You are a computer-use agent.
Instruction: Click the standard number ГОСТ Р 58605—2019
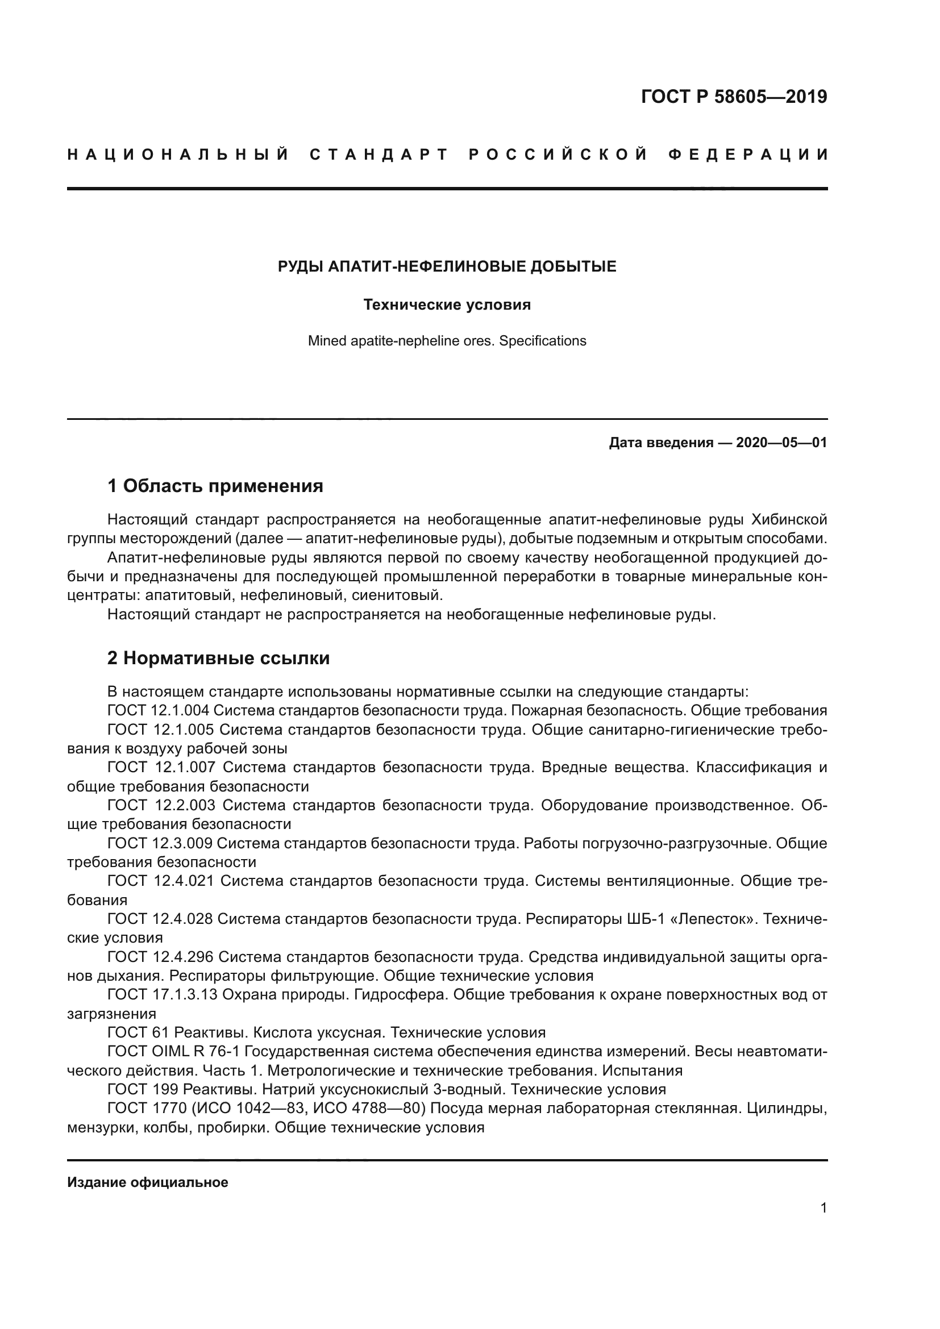[x=733, y=97]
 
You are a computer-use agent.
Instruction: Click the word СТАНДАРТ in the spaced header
[x=379, y=155]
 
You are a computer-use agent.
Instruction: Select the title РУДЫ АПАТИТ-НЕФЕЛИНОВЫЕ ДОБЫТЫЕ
[x=447, y=267]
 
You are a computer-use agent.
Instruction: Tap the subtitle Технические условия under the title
[x=447, y=305]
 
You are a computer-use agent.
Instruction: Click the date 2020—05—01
[x=781, y=443]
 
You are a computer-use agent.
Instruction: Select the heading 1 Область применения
[x=215, y=486]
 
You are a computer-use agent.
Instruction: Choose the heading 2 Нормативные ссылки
[x=218, y=658]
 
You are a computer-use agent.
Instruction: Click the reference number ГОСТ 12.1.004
[x=161, y=710]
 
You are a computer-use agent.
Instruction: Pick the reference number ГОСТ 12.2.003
[x=161, y=805]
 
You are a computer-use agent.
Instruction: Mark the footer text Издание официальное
[x=148, y=1182]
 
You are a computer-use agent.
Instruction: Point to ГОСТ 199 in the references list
[x=143, y=1089]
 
